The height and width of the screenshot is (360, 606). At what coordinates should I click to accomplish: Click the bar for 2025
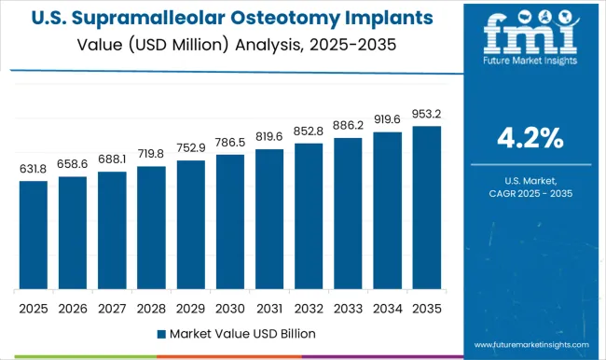(x=33, y=234)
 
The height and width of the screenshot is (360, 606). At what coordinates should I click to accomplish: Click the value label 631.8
(x=33, y=169)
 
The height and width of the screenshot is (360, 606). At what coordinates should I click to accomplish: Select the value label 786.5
(x=229, y=143)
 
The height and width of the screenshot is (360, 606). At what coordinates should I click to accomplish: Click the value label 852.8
(x=308, y=132)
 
